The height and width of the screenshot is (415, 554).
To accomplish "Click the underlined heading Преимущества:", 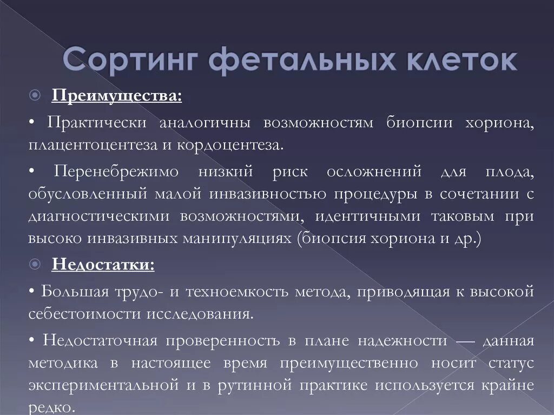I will (117, 96).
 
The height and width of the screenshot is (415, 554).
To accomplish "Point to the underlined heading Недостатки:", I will (103, 265).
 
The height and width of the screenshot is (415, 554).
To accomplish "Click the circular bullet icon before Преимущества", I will (35, 97).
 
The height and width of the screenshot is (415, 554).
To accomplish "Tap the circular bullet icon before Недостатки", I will (35, 265).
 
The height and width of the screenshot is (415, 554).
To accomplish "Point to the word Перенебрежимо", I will (116, 172).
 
